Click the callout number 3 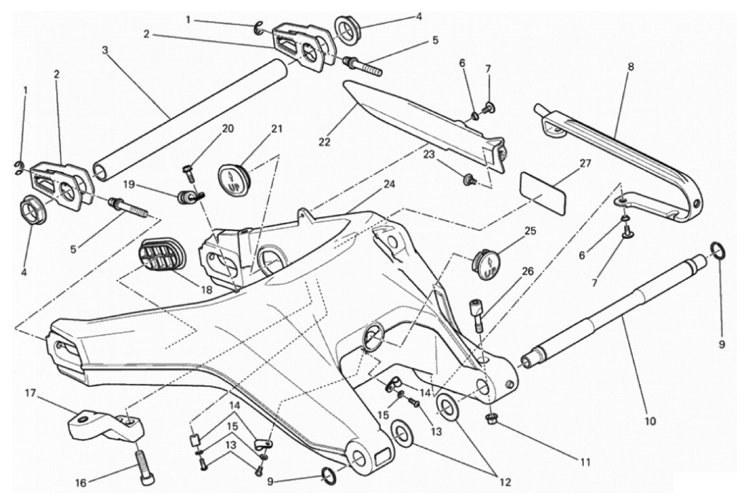[105, 50]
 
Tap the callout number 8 [631, 67]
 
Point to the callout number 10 [650, 421]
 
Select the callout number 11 [585, 462]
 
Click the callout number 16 [81, 483]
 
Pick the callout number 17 [30, 393]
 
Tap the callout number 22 [324, 142]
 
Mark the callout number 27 [585, 163]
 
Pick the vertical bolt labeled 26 [475, 315]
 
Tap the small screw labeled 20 [190, 173]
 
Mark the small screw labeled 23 [468, 180]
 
